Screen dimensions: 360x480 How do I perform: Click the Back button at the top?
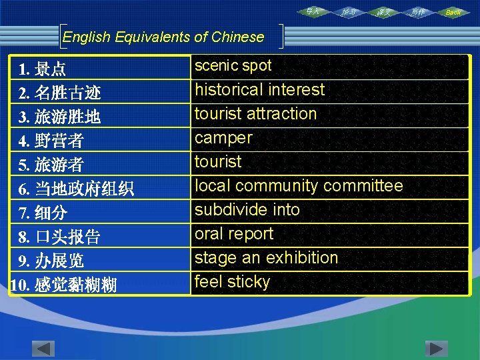(453, 12)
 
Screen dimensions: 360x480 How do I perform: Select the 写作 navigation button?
(418, 12)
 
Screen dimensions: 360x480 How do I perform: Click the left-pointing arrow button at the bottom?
(43, 349)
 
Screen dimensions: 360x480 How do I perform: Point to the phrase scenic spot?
(233, 65)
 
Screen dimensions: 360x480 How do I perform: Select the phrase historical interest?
(259, 89)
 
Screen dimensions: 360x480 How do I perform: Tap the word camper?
(223, 137)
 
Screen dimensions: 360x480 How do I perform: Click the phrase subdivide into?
(247, 209)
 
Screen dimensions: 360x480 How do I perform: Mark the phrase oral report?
(233, 233)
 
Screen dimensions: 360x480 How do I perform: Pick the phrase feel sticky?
(232, 281)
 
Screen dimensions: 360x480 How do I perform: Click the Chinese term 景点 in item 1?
(51, 69)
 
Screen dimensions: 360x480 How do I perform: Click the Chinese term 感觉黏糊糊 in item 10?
(75, 285)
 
